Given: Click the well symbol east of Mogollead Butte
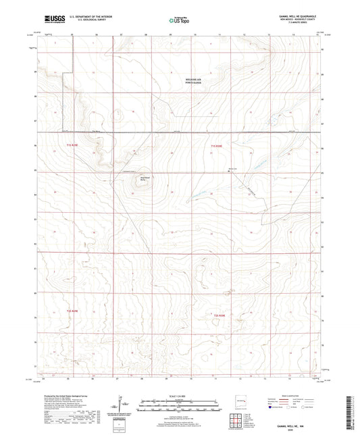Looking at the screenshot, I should click(x=228, y=171).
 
